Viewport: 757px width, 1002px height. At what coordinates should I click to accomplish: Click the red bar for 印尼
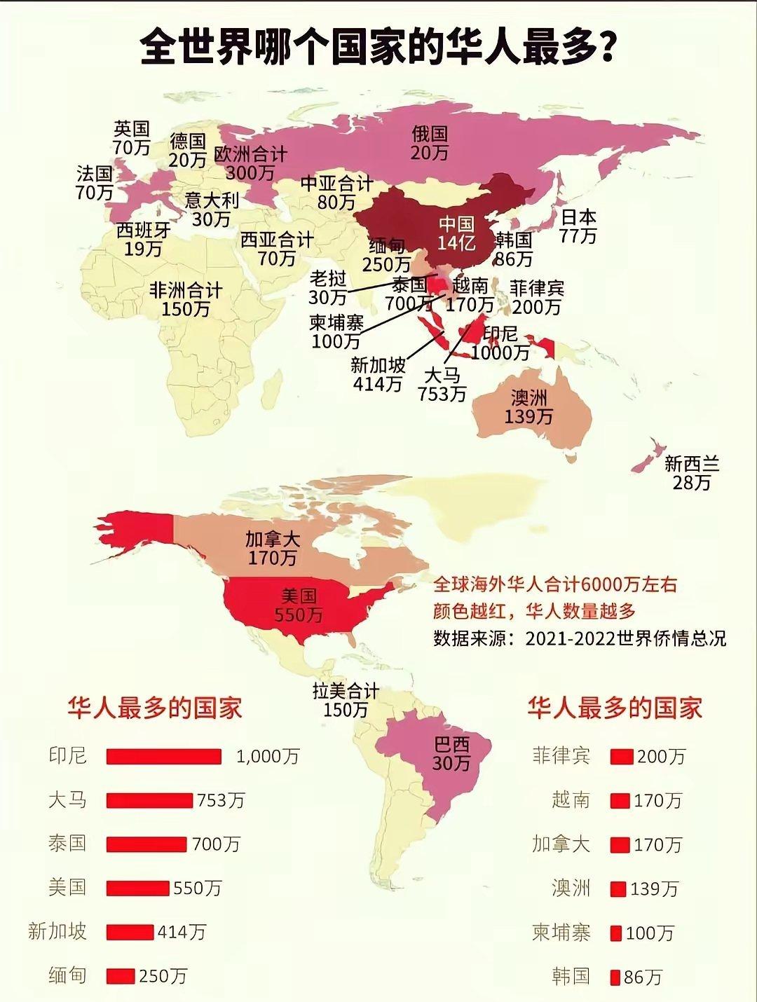(163, 756)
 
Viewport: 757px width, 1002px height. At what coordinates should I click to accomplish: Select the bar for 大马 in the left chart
(149, 800)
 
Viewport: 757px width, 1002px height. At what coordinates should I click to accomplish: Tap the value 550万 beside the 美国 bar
(197, 888)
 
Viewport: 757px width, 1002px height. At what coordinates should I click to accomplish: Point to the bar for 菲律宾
(621, 757)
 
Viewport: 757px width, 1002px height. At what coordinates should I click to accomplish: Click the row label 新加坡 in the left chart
(57, 931)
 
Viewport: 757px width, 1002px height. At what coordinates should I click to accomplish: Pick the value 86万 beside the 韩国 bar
(643, 977)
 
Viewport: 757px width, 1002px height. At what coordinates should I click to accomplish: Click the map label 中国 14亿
(457, 233)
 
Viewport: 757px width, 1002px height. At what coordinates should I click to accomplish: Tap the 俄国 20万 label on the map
(429, 143)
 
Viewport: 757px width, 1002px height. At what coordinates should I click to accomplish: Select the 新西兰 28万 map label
(692, 473)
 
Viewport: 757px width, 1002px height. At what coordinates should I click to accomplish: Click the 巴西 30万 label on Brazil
(451, 753)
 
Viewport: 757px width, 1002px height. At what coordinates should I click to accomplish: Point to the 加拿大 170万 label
(272, 549)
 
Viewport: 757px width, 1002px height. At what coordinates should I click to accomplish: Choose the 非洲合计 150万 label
(186, 299)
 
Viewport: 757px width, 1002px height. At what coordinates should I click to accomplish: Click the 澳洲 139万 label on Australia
(528, 407)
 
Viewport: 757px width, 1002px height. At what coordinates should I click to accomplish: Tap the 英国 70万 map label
(132, 138)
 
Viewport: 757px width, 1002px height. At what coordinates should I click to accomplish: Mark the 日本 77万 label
(578, 226)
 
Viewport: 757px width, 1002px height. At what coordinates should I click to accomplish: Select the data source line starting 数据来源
(579, 638)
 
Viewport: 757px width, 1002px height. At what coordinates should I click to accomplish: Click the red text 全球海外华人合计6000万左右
(555, 584)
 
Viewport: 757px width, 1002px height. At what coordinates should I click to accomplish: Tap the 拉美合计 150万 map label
(346, 700)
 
